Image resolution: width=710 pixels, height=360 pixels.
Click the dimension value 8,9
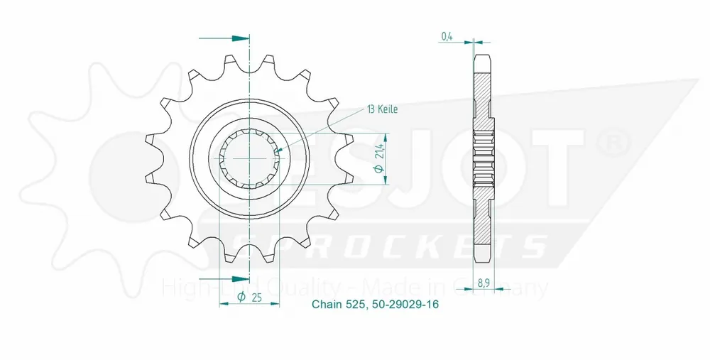coord(483,282)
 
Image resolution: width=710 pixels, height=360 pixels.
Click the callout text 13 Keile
coord(382,109)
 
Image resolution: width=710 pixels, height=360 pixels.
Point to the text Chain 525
coord(338,305)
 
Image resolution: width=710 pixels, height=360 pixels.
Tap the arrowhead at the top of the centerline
coord(243,37)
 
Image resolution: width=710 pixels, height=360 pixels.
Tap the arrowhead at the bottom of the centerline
coord(243,278)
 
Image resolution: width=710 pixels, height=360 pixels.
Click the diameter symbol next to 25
coord(241,298)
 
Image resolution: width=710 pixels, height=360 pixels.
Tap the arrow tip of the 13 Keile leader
coord(278,150)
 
